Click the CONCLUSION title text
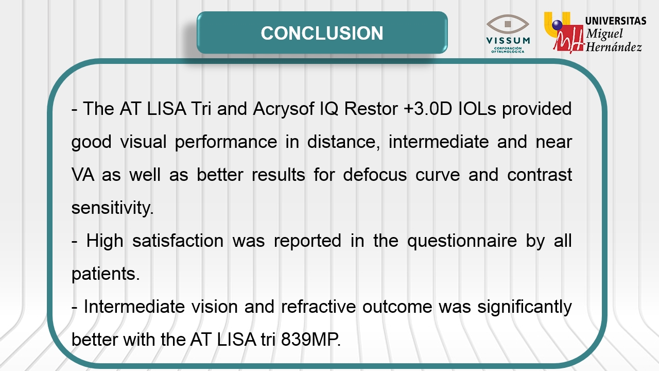tap(322, 33)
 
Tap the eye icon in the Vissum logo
tap(508, 24)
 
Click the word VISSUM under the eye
tap(508, 40)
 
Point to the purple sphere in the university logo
tap(557, 25)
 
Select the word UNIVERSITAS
tap(616, 21)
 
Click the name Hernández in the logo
tap(614, 47)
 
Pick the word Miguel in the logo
tap(604, 34)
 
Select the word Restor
tap(371, 109)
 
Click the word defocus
tap(375, 175)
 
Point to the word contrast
tap(540, 175)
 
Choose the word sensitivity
tap(113, 208)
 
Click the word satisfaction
tap(178, 241)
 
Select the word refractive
tap(318, 307)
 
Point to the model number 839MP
tap(310, 340)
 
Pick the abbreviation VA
tap(83, 175)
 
